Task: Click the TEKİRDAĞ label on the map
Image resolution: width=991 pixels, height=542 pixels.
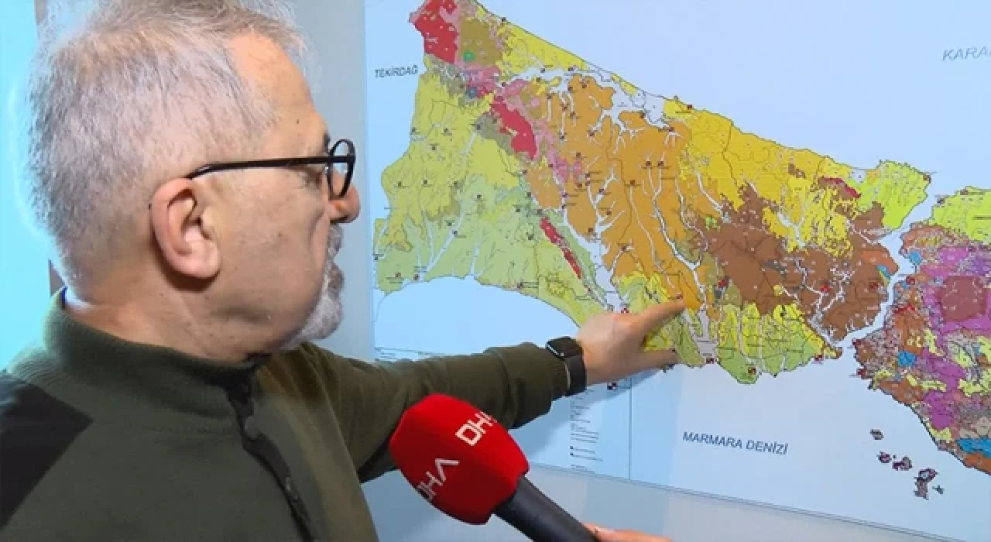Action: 396,71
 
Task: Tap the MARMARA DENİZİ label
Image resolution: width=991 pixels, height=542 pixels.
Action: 735,443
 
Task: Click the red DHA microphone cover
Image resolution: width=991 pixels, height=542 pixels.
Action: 458,457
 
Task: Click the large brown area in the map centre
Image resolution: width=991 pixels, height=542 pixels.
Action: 743,256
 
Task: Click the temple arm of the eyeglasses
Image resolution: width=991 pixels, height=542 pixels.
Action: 255,166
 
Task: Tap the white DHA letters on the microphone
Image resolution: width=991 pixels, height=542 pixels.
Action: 457,457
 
